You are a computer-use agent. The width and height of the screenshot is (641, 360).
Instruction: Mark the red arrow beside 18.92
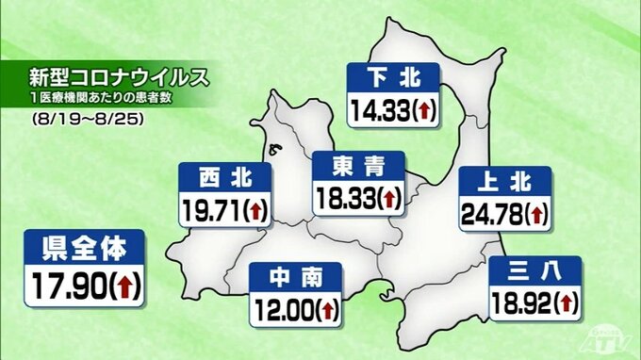click(566, 303)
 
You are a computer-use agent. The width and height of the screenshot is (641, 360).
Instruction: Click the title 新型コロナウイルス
click(112, 74)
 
